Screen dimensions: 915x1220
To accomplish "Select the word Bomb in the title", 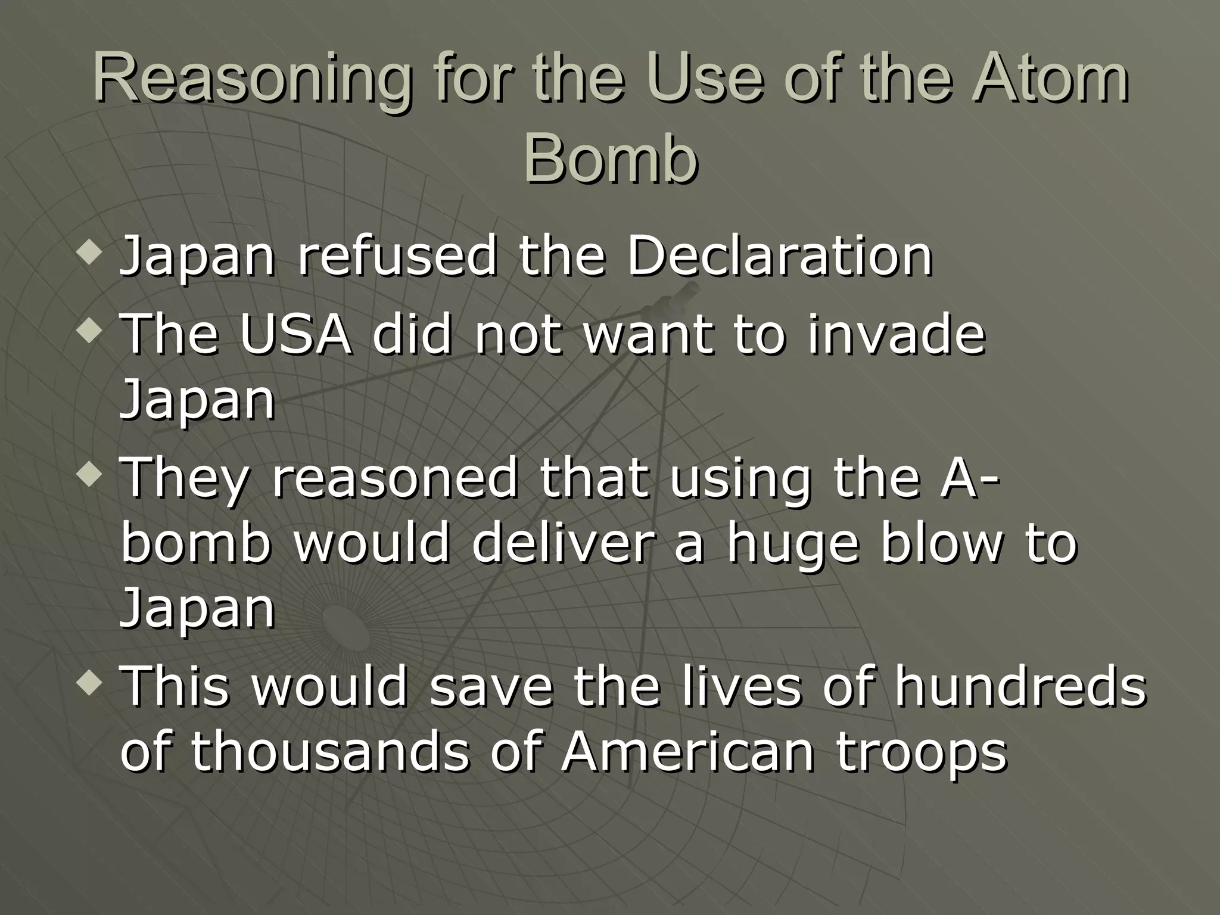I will pos(610,160).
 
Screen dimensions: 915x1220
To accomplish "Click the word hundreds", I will pos(1020,686).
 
